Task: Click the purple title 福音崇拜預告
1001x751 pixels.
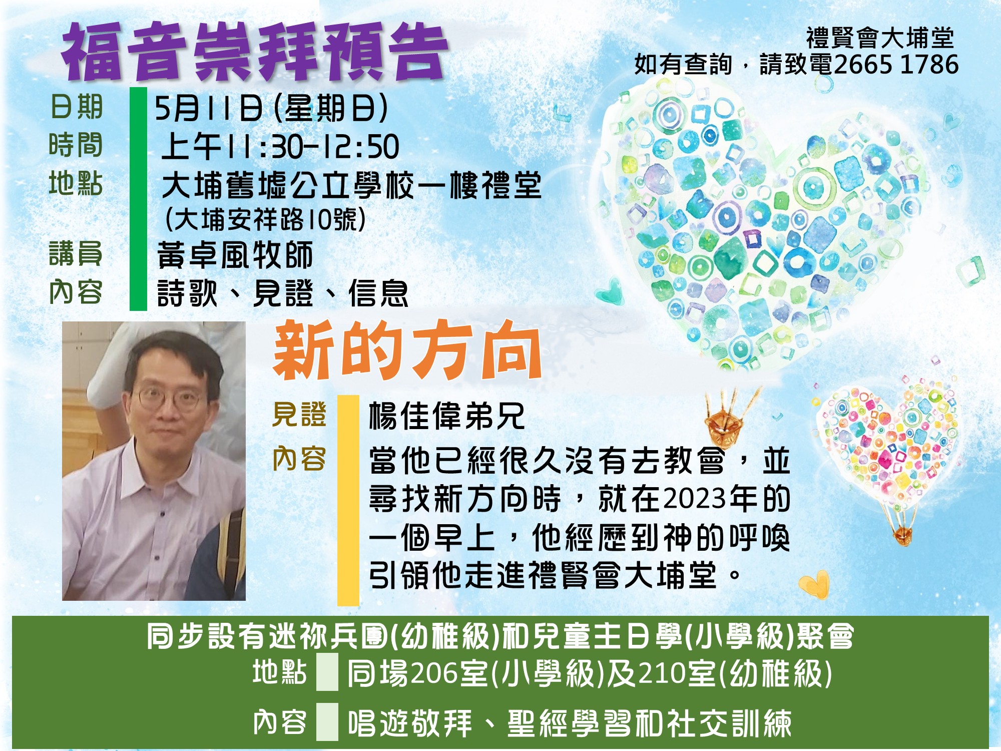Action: point(254,51)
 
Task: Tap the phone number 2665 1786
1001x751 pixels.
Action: point(896,65)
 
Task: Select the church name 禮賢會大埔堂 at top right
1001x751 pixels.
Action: point(880,38)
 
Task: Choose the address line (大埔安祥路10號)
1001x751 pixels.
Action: point(265,219)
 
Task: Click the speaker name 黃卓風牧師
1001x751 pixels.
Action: point(235,255)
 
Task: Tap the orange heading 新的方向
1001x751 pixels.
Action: point(407,350)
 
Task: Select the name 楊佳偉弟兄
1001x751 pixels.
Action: point(447,416)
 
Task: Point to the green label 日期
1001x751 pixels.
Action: point(77,107)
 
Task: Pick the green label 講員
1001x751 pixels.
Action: point(76,253)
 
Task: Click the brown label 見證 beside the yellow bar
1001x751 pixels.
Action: point(299,415)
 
